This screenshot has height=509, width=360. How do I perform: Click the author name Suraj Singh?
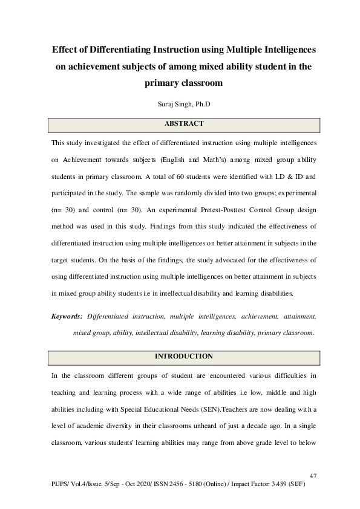click(x=171, y=104)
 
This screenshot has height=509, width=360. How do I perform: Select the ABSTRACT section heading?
click(x=184, y=124)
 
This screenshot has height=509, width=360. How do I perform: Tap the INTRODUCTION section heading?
click(x=184, y=356)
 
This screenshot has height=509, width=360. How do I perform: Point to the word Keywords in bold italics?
click(x=67, y=316)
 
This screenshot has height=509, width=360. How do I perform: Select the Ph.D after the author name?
click(x=202, y=104)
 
